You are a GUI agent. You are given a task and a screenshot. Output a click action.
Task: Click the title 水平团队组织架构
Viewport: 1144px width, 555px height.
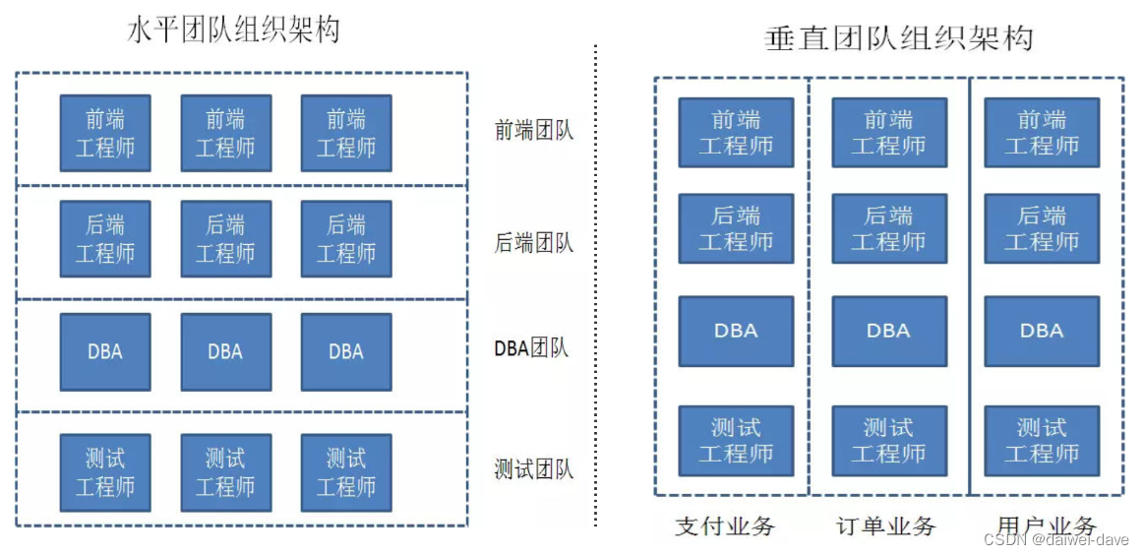pyautogui.click(x=233, y=30)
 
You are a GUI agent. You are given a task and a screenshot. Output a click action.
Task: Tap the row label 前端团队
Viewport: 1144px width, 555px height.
pyautogui.click(x=533, y=130)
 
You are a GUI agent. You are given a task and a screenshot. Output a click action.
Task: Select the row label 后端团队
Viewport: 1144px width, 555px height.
pyautogui.click(x=533, y=242)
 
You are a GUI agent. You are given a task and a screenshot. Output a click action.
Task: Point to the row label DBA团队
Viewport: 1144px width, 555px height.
pyautogui.click(x=531, y=348)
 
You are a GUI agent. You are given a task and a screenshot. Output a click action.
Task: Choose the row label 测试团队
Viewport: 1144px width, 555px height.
pyautogui.click(x=533, y=469)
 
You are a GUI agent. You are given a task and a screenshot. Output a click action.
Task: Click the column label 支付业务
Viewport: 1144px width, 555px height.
pyautogui.click(x=725, y=525)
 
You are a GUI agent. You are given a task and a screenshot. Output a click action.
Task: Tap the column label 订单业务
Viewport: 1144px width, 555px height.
pyautogui.click(x=885, y=525)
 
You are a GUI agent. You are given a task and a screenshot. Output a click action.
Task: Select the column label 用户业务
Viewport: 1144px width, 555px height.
pyautogui.click(x=1046, y=525)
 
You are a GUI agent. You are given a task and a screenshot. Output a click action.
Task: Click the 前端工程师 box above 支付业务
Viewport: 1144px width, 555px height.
pyautogui.click(x=736, y=133)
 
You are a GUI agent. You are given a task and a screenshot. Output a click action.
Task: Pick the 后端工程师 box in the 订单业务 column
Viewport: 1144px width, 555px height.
pyautogui.click(x=888, y=228)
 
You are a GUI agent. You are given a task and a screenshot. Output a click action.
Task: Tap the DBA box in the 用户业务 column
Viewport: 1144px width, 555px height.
pyautogui.click(x=1042, y=331)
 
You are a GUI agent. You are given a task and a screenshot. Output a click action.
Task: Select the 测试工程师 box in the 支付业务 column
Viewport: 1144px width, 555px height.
pyautogui.click(x=736, y=441)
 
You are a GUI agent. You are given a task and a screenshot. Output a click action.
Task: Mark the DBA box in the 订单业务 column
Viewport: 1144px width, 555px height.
pyautogui.click(x=888, y=331)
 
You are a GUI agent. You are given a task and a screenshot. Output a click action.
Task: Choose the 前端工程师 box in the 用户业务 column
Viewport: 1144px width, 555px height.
pyautogui.click(x=1042, y=133)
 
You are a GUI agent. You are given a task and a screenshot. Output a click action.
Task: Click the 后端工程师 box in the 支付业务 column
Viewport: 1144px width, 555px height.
pyautogui.click(x=736, y=228)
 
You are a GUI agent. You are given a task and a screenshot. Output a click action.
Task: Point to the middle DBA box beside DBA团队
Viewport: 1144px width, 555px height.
pyautogui.click(x=225, y=351)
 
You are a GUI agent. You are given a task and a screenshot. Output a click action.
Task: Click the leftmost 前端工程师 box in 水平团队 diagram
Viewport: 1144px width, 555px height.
pyautogui.click(x=105, y=133)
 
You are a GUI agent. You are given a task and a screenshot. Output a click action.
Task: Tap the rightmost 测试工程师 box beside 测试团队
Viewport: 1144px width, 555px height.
pyautogui.click(x=345, y=472)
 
